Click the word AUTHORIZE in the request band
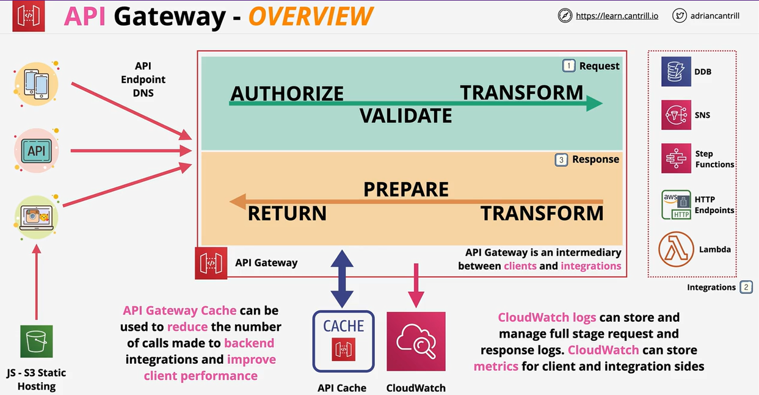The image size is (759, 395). pos(287,93)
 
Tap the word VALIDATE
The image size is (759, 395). pos(405,115)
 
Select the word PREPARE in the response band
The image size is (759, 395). pos(406,190)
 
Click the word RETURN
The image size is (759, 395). pos(287,214)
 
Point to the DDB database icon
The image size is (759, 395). pos(676,71)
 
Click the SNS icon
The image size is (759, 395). pos(676,115)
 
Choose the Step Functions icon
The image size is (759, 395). pos(676,159)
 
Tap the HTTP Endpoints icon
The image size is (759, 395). pos(676,205)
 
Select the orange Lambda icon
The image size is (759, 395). pos(676,249)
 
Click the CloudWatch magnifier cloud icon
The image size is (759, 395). pos(416,341)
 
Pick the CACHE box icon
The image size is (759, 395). pos(343,341)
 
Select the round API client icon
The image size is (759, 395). pos(37,150)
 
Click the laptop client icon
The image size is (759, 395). pos(37,217)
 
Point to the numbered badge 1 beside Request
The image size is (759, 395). pos(568,66)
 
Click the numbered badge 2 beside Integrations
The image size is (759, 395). pos(746,287)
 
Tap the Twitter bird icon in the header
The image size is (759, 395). pos(679,16)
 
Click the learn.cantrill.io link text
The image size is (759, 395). pos(617,16)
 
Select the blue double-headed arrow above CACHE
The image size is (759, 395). pos(343,278)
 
